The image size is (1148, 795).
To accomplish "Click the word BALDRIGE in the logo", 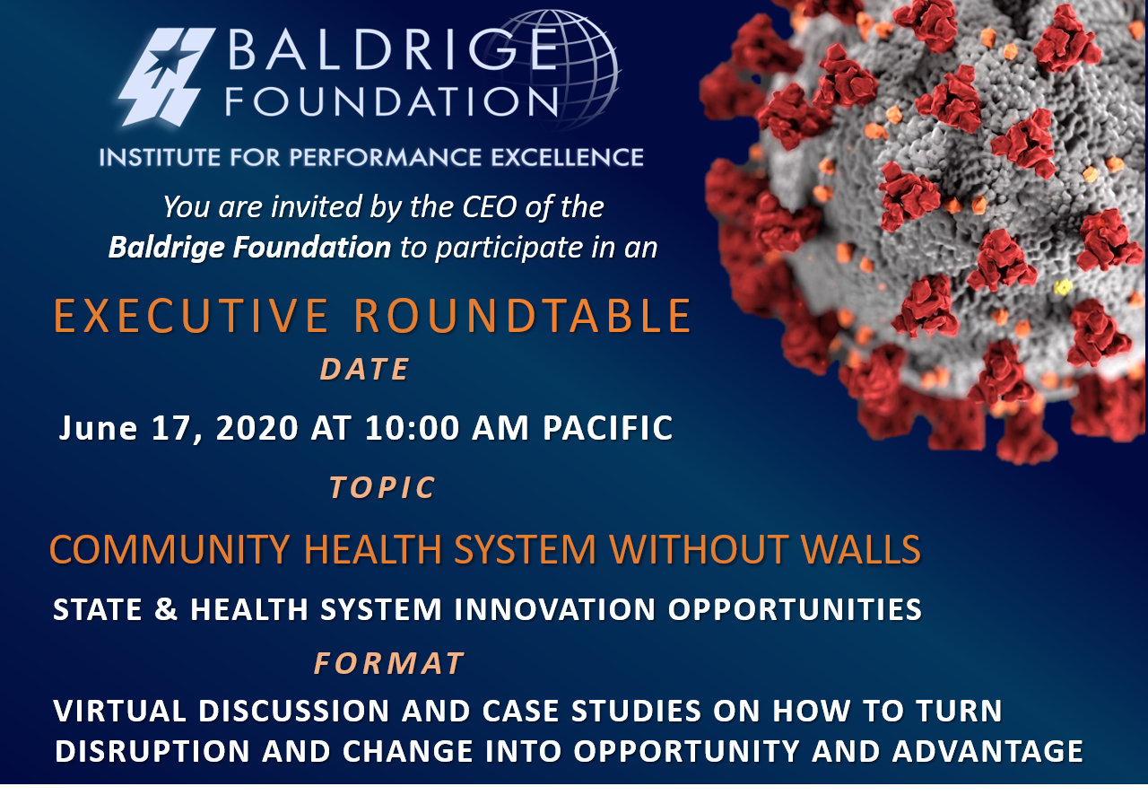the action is (x=393, y=49).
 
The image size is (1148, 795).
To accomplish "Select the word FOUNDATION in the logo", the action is (x=392, y=101).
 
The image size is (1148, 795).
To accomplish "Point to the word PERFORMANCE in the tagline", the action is (x=386, y=157).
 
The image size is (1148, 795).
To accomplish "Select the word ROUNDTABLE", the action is (x=523, y=316).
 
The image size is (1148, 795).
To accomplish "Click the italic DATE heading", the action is (x=365, y=369).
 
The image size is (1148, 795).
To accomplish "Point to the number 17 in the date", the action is (x=168, y=428).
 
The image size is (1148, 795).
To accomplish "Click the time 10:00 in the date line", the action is (x=412, y=428).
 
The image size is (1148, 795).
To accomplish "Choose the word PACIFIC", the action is (x=608, y=428).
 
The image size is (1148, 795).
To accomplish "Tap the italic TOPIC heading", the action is (x=382, y=486).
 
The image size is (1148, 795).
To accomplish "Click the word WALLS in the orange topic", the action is (x=861, y=549).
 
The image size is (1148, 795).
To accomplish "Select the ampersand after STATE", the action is (x=166, y=609).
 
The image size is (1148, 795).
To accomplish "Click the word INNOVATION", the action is (x=555, y=609).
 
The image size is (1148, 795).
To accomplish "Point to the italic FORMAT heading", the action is (x=389, y=663).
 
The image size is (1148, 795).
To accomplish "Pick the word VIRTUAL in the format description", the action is (x=120, y=711).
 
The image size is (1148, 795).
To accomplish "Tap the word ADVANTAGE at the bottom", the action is (x=987, y=751).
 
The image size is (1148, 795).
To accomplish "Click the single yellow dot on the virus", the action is (x=1063, y=287).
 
